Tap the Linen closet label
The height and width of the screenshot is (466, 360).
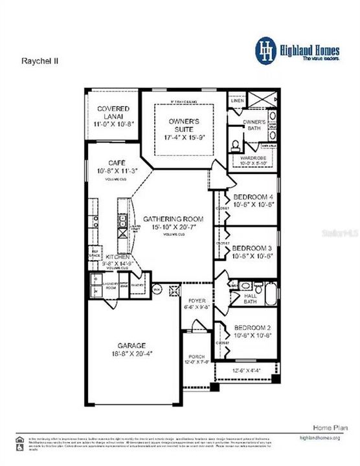click(x=237, y=100)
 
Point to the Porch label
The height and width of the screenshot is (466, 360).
click(x=196, y=357)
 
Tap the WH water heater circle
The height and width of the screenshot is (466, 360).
click(x=157, y=289)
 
